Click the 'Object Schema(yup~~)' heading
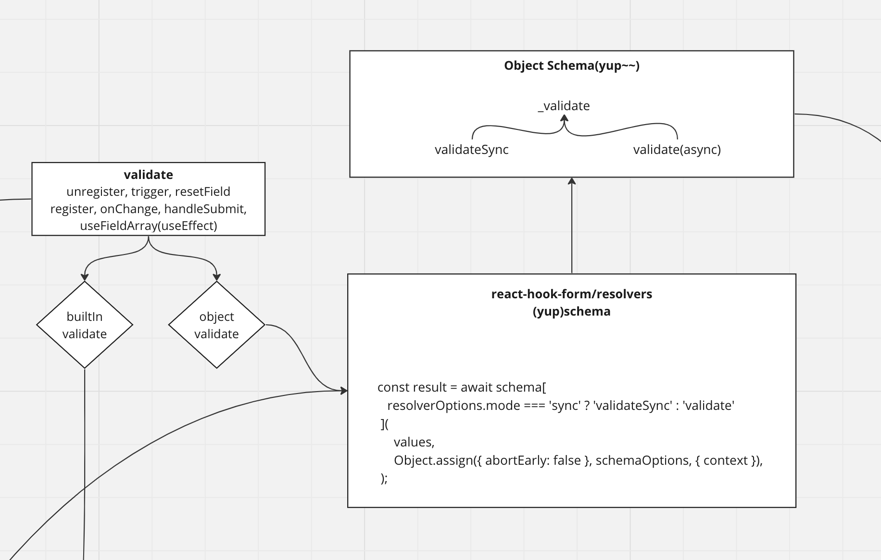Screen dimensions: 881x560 pyautogui.click(x=571, y=66)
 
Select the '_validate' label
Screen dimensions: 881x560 pyautogui.click(x=564, y=106)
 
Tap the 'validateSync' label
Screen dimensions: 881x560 pyautogui.click(x=471, y=150)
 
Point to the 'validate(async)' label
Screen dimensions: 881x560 pyautogui.click(x=677, y=150)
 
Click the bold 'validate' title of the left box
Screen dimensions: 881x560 pyautogui.click(x=148, y=175)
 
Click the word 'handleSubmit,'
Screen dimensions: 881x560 pyautogui.click(x=205, y=209)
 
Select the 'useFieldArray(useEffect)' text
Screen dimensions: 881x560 pyautogui.click(x=149, y=226)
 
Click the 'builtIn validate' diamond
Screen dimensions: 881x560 pyautogui.click(x=85, y=325)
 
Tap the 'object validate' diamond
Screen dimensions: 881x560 pyautogui.click(x=216, y=325)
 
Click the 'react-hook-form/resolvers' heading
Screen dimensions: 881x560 pyautogui.click(x=571, y=294)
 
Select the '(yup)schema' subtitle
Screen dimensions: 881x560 pyautogui.click(x=571, y=311)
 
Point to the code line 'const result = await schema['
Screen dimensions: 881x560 pyautogui.click(x=462, y=387)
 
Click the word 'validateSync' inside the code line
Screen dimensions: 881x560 pyautogui.click(x=632, y=406)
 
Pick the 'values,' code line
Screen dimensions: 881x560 pyautogui.click(x=414, y=442)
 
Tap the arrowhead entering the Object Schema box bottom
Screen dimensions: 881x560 pyautogui.click(x=571, y=181)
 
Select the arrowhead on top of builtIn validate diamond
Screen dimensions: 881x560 pyautogui.click(x=85, y=277)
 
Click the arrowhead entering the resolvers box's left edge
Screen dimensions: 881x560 pyautogui.click(x=343, y=391)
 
